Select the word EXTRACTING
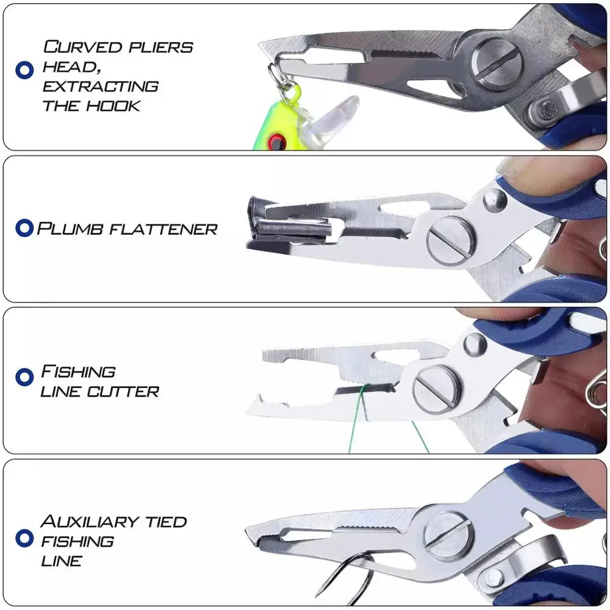coord(101,86)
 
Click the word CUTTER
coord(123,391)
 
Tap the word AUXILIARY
coord(89,522)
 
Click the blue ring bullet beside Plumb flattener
coord(24,229)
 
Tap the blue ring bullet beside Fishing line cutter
coord(24,377)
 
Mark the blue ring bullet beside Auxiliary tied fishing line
coord(24,537)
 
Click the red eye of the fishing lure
coord(278,142)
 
